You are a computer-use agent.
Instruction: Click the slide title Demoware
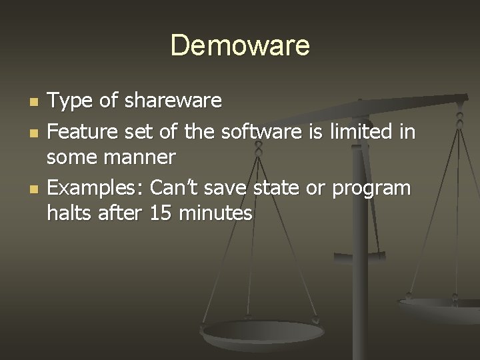click(x=240, y=46)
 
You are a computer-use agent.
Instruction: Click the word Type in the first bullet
click(x=70, y=102)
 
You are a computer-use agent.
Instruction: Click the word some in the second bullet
click(x=71, y=158)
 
